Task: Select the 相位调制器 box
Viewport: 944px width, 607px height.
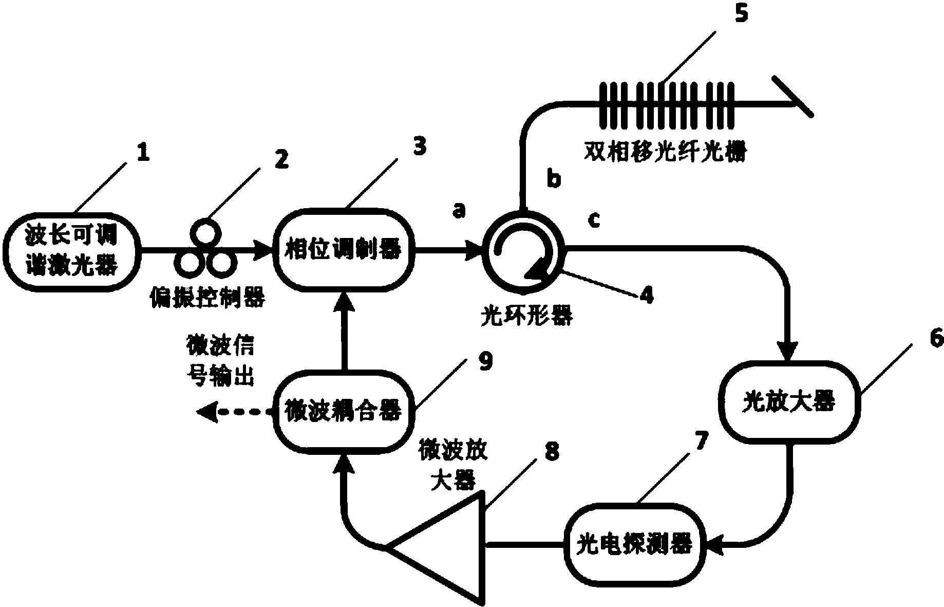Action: pos(344,251)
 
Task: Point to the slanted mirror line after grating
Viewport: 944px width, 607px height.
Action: pos(792,96)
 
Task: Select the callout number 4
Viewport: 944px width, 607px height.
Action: pos(646,295)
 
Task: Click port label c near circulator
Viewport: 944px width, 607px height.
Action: pos(593,220)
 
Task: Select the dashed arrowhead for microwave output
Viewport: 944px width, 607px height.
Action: pos(207,412)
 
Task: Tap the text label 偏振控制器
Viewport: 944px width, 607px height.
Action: pos(206,297)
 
